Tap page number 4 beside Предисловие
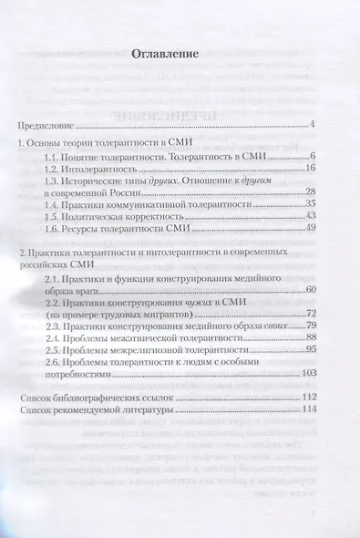[x=311, y=124]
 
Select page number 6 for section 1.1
[x=311, y=157]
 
